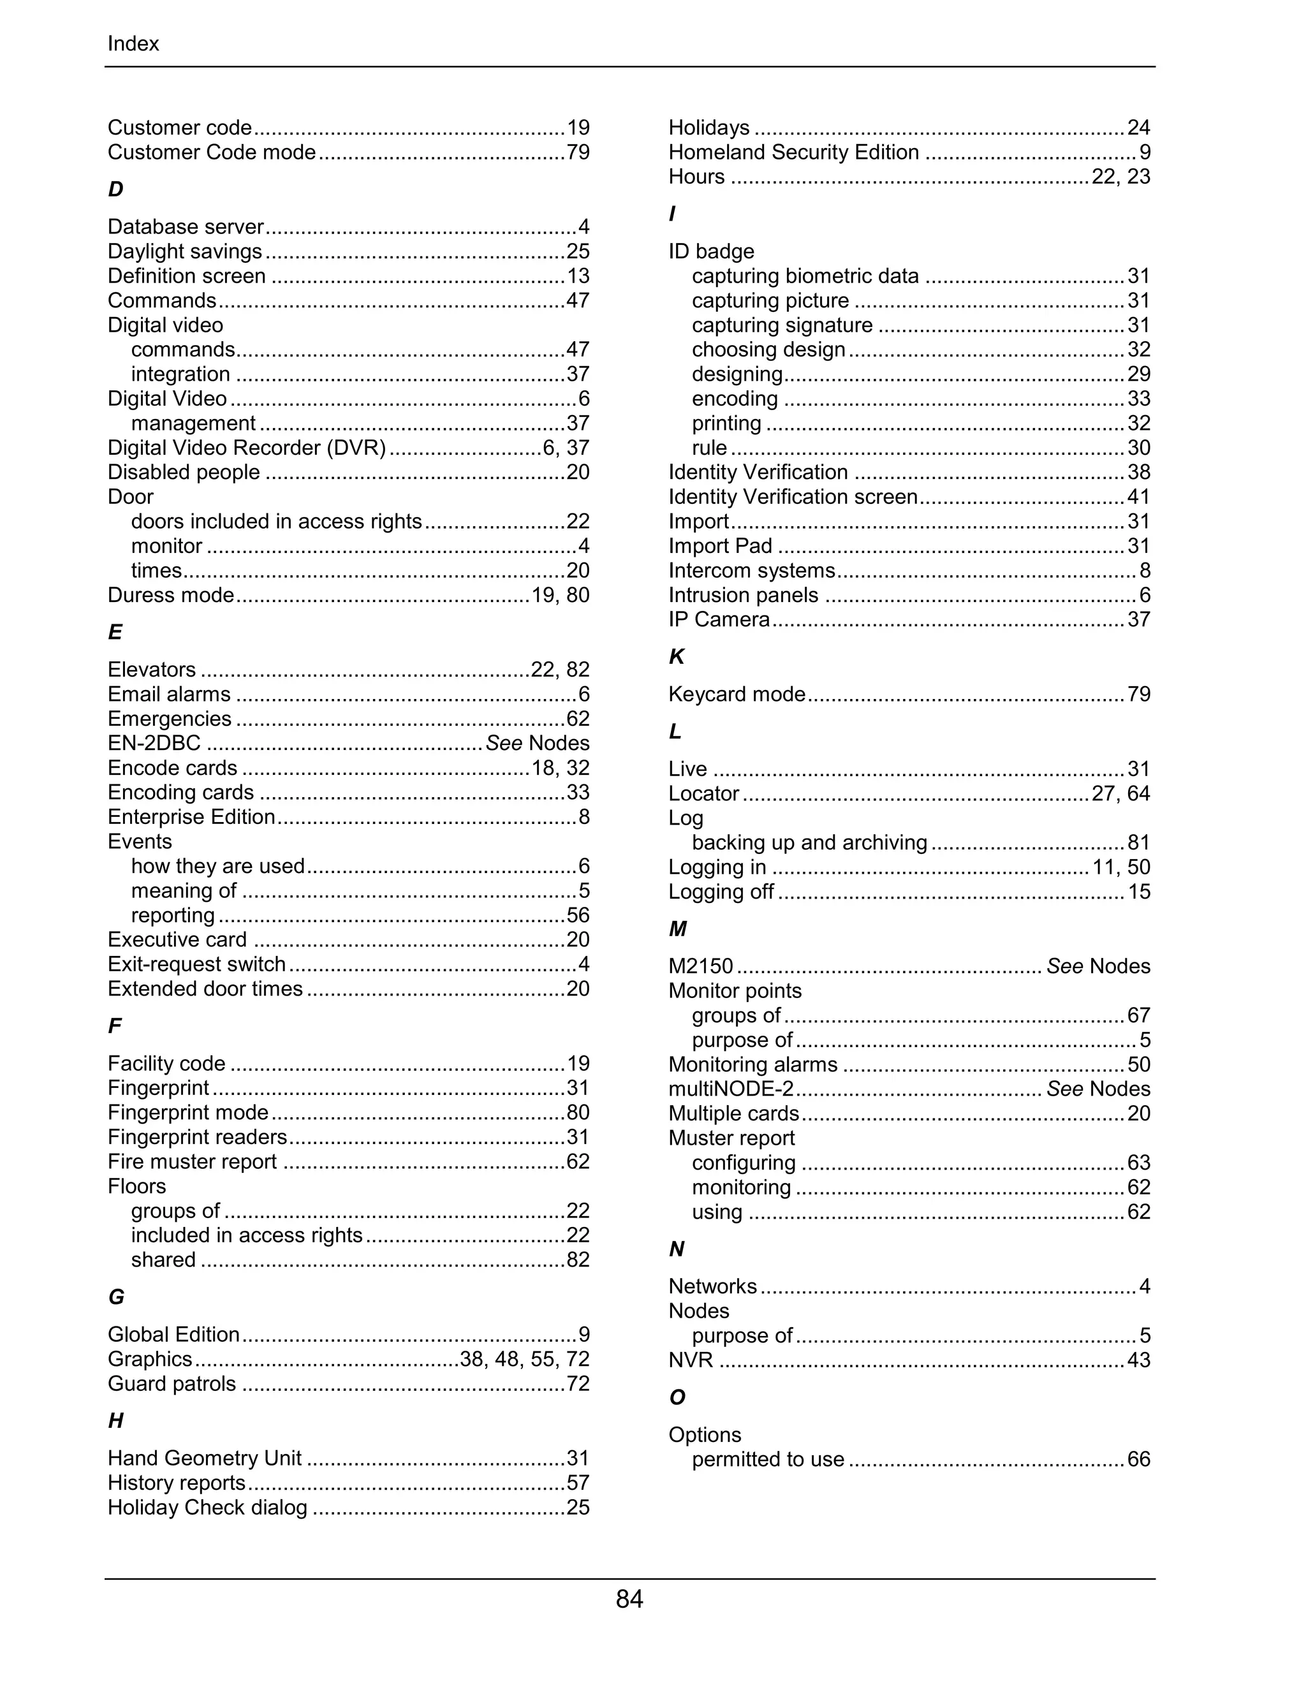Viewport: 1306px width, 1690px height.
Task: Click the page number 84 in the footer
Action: pyautogui.click(x=629, y=1599)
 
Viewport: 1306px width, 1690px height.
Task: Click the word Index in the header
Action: pyautogui.click(x=133, y=44)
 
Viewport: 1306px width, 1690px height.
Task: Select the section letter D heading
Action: pyautogui.click(x=115, y=189)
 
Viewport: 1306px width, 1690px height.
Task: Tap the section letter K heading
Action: pyautogui.click(x=676, y=657)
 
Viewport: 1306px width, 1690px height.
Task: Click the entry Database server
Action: pyautogui.click(x=186, y=227)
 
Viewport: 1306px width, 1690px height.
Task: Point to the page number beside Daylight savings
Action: pyautogui.click(x=578, y=251)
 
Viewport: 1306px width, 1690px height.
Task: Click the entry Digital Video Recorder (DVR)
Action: pyautogui.click(x=246, y=448)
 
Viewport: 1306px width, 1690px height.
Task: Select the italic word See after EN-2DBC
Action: pyautogui.click(x=504, y=744)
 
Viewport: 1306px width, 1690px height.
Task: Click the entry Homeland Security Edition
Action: pyautogui.click(x=794, y=152)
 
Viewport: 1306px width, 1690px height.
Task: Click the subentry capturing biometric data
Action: pyautogui.click(x=805, y=276)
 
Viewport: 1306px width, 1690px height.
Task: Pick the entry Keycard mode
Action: pyautogui.click(x=737, y=694)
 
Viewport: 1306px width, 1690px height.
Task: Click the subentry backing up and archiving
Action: pyautogui.click(x=809, y=842)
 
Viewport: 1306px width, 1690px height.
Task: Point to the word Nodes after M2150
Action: pyautogui.click(x=1120, y=966)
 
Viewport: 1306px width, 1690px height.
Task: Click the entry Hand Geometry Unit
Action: pyautogui.click(x=204, y=1459)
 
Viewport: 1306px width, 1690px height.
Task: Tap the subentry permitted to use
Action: pyautogui.click(x=768, y=1459)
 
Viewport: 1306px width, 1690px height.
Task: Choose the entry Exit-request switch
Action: pyautogui.click(x=196, y=964)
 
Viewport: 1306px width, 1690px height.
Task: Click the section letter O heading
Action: pyautogui.click(x=677, y=1397)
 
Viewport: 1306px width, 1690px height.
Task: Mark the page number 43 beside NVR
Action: pyautogui.click(x=1139, y=1360)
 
